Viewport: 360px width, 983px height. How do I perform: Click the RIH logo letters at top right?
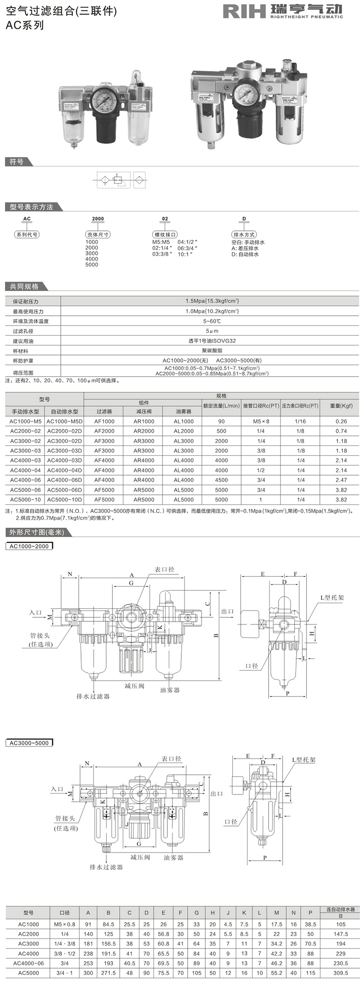(244, 11)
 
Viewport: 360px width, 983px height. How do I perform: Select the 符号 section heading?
(17, 162)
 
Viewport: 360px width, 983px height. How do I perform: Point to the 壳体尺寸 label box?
(98, 234)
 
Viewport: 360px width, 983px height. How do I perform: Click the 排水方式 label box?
(244, 234)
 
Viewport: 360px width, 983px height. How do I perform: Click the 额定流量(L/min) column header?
(221, 405)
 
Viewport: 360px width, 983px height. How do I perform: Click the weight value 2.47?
(341, 480)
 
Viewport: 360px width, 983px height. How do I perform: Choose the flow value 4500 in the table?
(221, 480)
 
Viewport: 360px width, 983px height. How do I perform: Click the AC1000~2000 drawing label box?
(29, 546)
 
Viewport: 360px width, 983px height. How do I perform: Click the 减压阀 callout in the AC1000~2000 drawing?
(134, 686)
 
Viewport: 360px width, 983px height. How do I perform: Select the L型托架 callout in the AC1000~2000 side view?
(332, 597)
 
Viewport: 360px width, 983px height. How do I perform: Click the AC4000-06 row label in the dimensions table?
(28, 963)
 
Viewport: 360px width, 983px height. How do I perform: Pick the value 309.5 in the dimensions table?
(341, 973)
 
